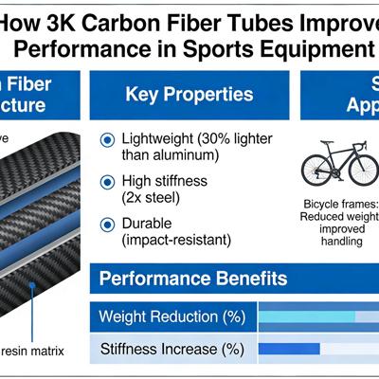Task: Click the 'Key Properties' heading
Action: coord(189,95)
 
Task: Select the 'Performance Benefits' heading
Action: coord(193,279)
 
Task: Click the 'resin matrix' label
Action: coord(32,352)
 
